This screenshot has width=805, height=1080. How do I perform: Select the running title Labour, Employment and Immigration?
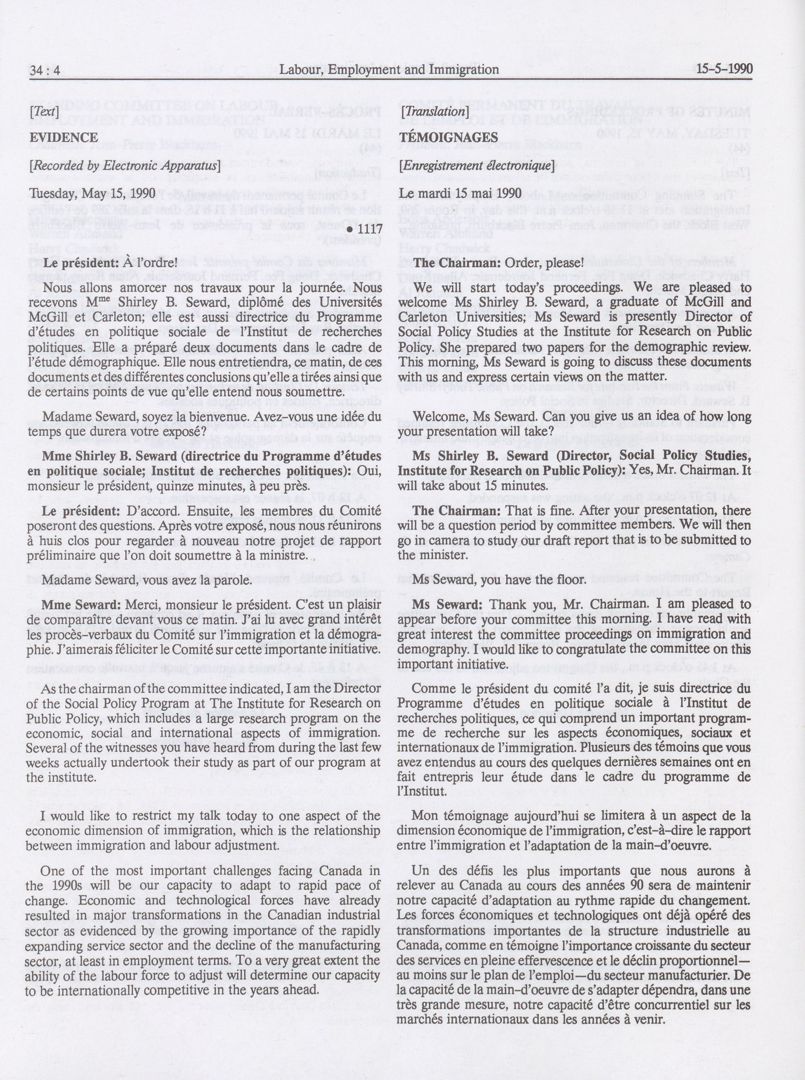coord(388,70)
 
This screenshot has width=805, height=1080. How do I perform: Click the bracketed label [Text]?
coord(44,112)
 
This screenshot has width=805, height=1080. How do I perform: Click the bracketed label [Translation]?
coord(433,112)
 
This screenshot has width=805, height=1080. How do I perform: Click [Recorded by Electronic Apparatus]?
coord(125,166)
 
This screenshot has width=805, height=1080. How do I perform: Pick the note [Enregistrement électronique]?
coord(476,166)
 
